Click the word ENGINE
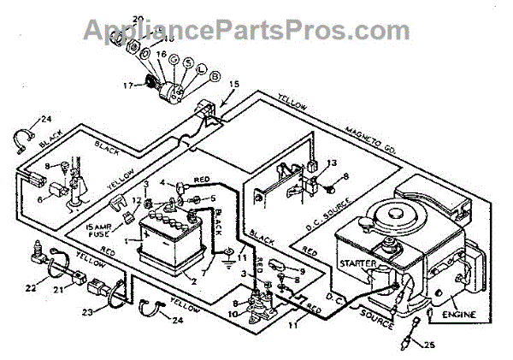[458, 314]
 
